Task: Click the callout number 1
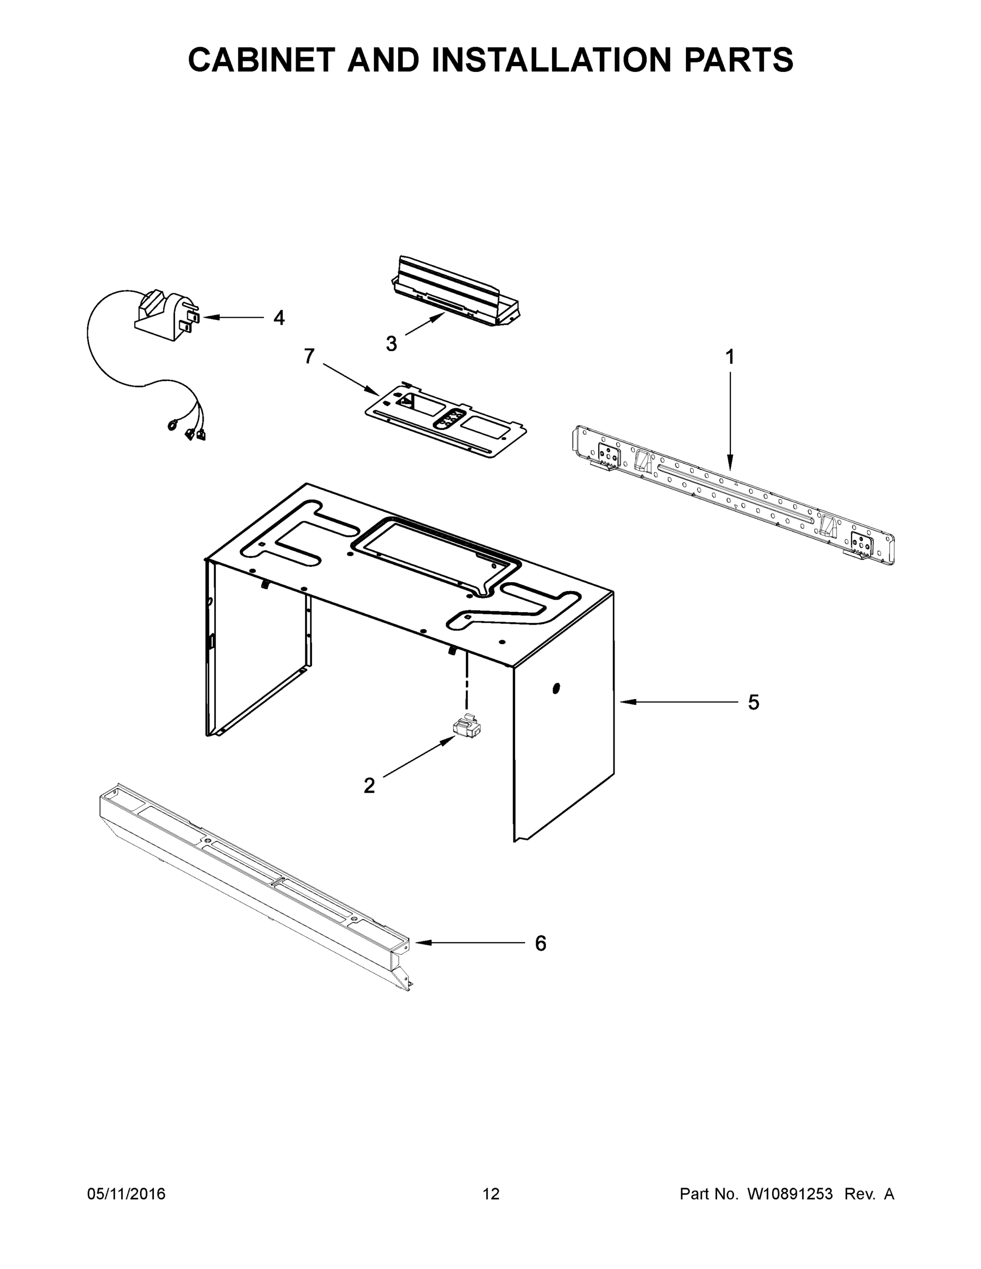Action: [x=730, y=357]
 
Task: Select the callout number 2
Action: [x=369, y=786]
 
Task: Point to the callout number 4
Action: [x=279, y=318]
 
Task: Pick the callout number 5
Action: [x=753, y=703]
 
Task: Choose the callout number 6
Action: [x=540, y=944]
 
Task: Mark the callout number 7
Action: [x=309, y=356]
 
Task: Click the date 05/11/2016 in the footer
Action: [x=126, y=1193]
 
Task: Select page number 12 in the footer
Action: [x=491, y=1193]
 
